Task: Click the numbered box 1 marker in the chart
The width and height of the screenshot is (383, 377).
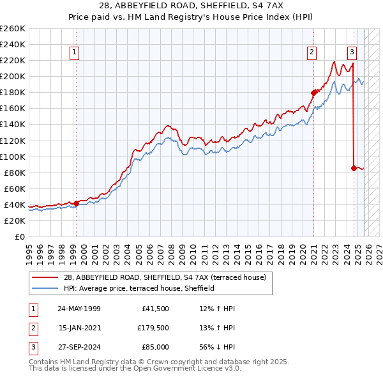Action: pyautogui.click(x=75, y=53)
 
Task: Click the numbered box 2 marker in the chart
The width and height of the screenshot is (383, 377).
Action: pyautogui.click(x=312, y=53)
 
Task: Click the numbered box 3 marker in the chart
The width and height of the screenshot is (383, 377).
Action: pyautogui.click(x=352, y=53)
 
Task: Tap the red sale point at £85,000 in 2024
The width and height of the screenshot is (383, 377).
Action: pyautogui.click(x=354, y=168)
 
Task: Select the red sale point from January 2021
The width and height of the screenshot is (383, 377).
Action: pyautogui.click(x=313, y=92)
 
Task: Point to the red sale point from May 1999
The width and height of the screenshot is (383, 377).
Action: pyautogui.click(x=77, y=203)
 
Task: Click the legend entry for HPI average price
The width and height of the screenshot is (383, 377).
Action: pyautogui.click(x=139, y=289)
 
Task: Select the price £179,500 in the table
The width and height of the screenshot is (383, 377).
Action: pyautogui.click(x=153, y=328)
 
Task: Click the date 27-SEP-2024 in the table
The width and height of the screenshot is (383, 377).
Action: pyautogui.click(x=79, y=347)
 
